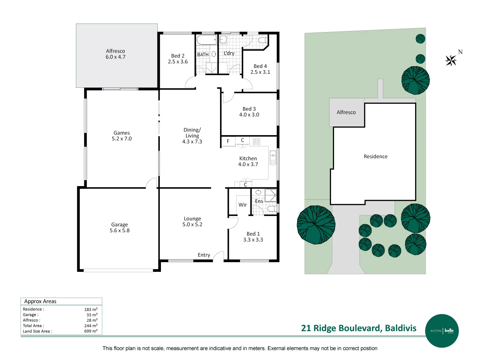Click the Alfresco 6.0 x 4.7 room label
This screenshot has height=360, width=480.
(115, 54)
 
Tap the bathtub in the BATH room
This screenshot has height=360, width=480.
(207, 40)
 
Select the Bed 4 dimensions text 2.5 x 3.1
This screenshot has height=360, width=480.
(260, 72)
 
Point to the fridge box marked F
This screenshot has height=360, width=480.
(228, 141)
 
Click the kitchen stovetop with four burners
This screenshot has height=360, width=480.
(257, 141)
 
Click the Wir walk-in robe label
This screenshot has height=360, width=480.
(242, 205)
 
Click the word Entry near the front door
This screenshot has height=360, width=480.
(204, 255)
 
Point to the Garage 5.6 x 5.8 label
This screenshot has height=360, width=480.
(119, 228)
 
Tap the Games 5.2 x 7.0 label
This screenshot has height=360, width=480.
(122, 136)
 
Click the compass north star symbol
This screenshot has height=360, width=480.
(451, 61)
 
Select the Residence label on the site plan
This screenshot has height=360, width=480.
(376, 156)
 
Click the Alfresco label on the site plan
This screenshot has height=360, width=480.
(346, 112)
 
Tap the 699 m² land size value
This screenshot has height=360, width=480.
(91, 331)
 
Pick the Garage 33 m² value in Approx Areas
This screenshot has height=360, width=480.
(92, 315)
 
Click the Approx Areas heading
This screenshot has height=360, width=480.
(40, 301)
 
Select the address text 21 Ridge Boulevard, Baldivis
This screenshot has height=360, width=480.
(358, 328)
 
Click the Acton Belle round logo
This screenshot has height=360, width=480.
(442, 331)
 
